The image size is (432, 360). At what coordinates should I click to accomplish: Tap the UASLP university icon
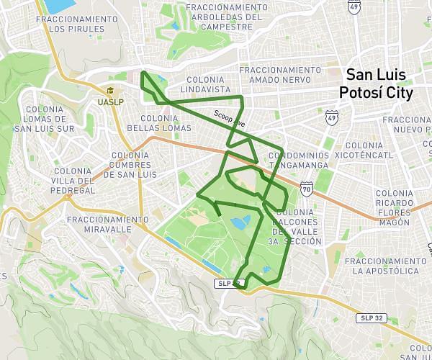point(111,91)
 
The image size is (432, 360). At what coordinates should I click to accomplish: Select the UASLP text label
point(111,102)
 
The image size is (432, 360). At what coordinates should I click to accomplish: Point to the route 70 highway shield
point(307,190)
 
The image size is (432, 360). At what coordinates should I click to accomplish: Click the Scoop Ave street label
point(229,118)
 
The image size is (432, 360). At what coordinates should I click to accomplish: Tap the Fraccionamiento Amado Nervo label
point(280,75)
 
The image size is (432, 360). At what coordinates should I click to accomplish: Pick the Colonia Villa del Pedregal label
point(73,181)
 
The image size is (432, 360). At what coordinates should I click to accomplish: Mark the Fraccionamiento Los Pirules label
point(76,24)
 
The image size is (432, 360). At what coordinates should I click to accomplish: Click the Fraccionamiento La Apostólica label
point(385,266)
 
